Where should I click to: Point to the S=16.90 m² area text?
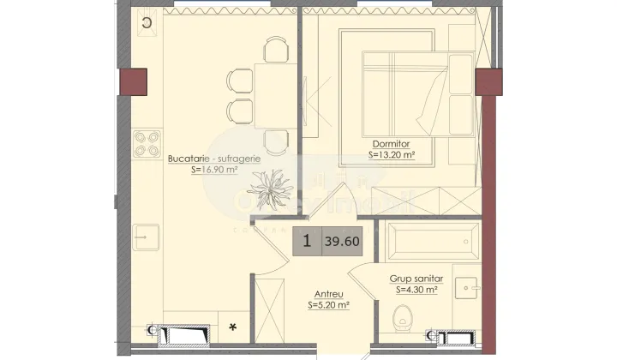point(214,170)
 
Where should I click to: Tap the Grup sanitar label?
point(416,279)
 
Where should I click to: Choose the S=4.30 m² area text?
point(416,291)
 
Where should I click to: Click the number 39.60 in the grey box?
point(342,242)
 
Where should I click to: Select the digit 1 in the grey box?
point(306,242)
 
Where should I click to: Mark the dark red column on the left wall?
point(135,81)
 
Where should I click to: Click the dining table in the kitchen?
point(265,94)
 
